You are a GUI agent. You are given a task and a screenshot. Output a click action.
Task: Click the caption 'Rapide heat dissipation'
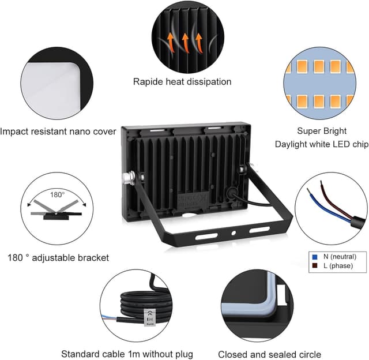(x=182, y=82)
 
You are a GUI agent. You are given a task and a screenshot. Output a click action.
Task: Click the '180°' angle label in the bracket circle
(x=57, y=195)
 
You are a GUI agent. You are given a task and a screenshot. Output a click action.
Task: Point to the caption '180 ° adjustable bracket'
(x=58, y=258)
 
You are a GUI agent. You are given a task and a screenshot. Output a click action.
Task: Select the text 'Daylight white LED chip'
(x=322, y=144)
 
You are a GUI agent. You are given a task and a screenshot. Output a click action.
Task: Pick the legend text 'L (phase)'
(x=338, y=266)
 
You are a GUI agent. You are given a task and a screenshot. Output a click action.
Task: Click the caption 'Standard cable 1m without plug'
(x=127, y=354)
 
